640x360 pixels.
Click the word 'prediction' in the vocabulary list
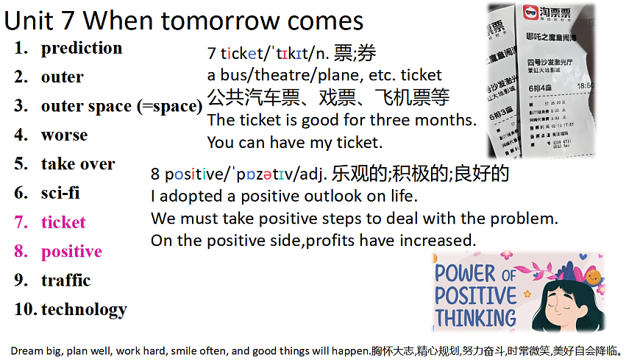coord(82,49)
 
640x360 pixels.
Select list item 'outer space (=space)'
coord(121,106)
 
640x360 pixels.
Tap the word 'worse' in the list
coord(64,135)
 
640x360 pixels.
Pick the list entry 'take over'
coord(78,164)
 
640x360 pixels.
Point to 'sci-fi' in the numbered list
coord(60,194)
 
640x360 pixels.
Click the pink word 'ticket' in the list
coord(63,222)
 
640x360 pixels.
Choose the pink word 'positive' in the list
coord(71,252)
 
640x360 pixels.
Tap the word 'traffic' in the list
coord(65,280)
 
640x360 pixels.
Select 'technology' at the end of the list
coord(84,310)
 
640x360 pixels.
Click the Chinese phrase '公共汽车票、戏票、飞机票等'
coord(328,98)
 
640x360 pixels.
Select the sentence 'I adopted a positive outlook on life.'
coord(284,197)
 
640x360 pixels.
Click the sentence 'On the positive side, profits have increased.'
coord(313,241)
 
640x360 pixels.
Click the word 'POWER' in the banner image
coord(465,273)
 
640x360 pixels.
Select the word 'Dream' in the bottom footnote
coord(26,350)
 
